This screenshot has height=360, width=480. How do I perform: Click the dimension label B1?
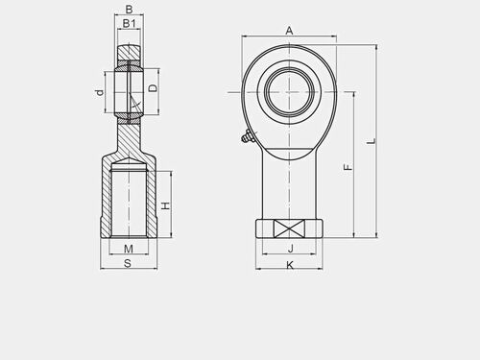(129, 23)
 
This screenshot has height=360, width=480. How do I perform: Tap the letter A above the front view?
(289, 31)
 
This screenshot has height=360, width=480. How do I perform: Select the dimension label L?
(372, 141)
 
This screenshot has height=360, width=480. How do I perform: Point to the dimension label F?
(348, 167)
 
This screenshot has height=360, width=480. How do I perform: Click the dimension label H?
(166, 205)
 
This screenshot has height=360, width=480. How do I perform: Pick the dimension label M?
(129, 249)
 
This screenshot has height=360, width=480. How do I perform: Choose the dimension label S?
(128, 263)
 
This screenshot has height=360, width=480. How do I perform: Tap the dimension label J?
(291, 249)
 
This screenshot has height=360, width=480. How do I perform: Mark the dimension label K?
(290, 265)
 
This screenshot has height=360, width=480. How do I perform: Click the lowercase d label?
(100, 92)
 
